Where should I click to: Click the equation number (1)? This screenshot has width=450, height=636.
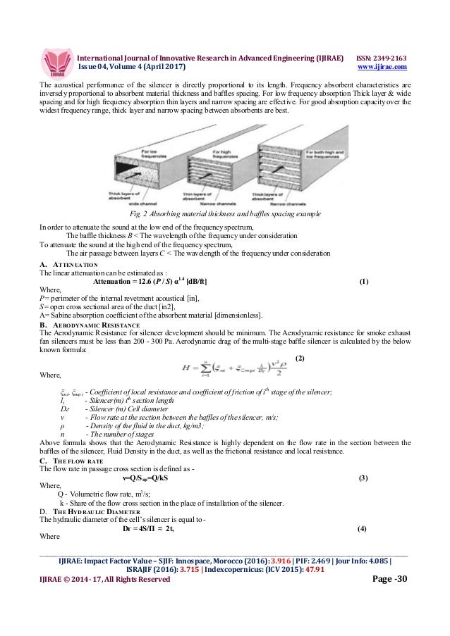point(363,282)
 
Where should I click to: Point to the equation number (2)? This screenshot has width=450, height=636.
point(299,358)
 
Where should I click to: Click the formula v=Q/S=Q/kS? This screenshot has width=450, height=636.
point(226,478)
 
